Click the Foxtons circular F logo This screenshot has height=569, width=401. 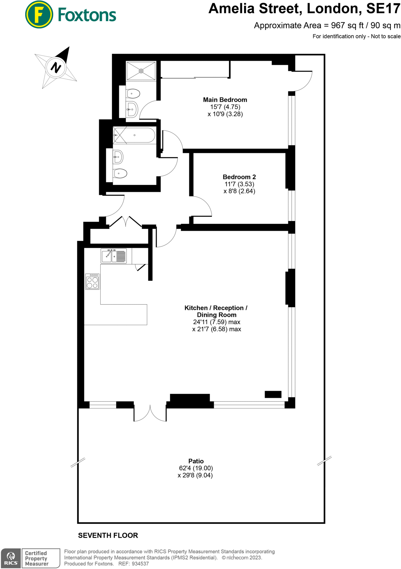[x=39, y=15]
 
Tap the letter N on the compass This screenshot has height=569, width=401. [x=56, y=68]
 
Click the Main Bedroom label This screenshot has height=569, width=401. [x=225, y=100]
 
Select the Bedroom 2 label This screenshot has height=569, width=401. [x=239, y=177]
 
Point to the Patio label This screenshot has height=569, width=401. [x=196, y=461]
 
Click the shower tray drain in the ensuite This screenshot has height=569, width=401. [x=141, y=71]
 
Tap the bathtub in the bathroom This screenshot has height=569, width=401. [x=134, y=135]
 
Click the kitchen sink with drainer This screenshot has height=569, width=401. [x=114, y=256]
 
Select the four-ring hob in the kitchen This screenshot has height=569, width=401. [x=92, y=282]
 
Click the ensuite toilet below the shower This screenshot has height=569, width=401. [x=133, y=94]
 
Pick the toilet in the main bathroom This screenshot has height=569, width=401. [x=120, y=173]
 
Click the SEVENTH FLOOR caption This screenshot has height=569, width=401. [x=108, y=535]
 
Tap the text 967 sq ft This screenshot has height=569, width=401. [x=347, y=26]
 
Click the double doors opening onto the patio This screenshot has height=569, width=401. [x=150, y=414]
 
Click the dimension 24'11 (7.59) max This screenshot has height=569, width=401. [x=216, y=322]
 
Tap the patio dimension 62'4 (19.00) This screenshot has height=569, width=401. [x=196, y=468]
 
